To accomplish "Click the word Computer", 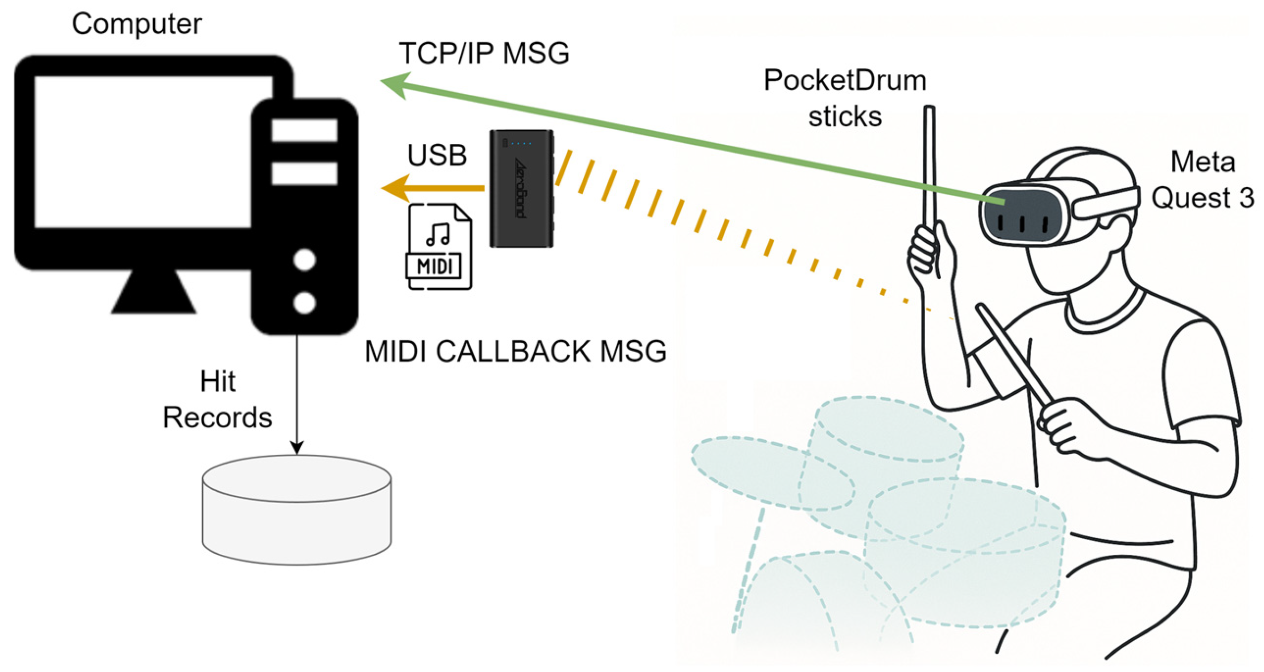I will coord(137,24).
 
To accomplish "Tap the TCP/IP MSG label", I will coord(484,53).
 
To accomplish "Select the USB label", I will coord(437,155).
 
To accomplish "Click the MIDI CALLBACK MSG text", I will coord(515,351).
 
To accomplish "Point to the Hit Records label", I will coord(217,400).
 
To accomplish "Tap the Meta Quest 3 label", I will coord(1202,180).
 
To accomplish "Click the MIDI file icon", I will coord(439,246).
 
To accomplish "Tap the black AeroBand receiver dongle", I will coord(521,189).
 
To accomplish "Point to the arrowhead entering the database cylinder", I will coord(297,447).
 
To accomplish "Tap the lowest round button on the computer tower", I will coord(304,303).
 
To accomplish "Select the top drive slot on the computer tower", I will coord(304,130).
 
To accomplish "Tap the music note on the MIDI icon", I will coord(438,234).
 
